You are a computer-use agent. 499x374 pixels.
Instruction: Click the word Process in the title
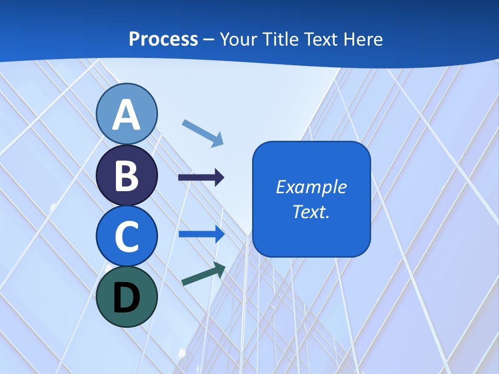tap(163, 39)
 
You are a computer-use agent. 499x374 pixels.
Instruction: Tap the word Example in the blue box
tap(311, 187)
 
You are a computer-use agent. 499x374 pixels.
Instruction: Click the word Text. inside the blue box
tap(311, 211)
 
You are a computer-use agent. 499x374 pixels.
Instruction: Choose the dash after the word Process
tap(209, 39)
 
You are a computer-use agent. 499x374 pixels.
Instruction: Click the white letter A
tap(127, 115)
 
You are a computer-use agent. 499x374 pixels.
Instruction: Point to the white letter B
tap(127, 176)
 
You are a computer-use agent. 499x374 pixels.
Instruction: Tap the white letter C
tap(127, 236)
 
